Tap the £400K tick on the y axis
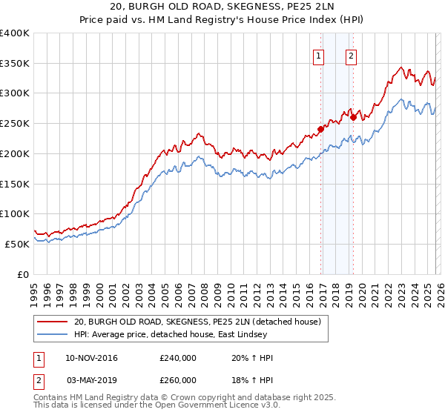pos(14,33)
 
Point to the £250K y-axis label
pos(14,124)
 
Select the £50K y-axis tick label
pos(17,244)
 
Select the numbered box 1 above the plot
pos(319,56)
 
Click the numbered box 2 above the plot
pos(350,56)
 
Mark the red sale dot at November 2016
pos(321,128)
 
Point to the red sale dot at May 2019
pos(354,116)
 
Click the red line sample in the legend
pos(52,322)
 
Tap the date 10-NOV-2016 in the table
pos(91,358)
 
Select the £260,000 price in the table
pos(178,379)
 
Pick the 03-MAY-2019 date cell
pos(91,379)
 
